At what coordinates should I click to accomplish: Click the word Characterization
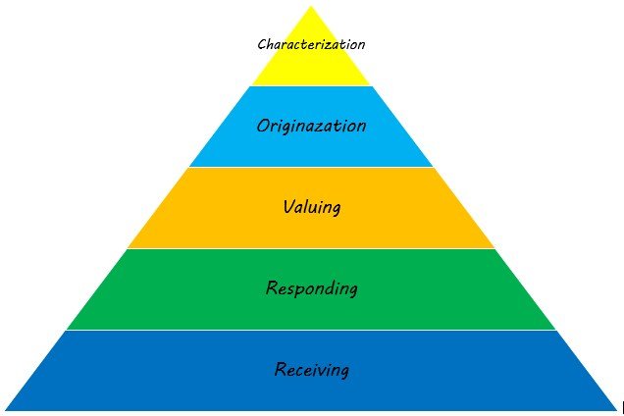point(311,44)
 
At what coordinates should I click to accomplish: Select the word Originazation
point(311,126)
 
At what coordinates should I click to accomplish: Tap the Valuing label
point(311,207)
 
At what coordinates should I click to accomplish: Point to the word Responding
point(311,288)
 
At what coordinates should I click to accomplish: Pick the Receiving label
point(311,370)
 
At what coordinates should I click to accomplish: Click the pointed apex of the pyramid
point(311,8)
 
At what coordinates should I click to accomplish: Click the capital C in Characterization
point(262,45)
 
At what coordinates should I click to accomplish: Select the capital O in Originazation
point(262,126)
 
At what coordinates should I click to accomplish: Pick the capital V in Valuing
point(286,207)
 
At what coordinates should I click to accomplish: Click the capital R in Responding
point(272,288)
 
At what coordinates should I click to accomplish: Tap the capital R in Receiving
point(280,370)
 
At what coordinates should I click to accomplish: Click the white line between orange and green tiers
point(311,248)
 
